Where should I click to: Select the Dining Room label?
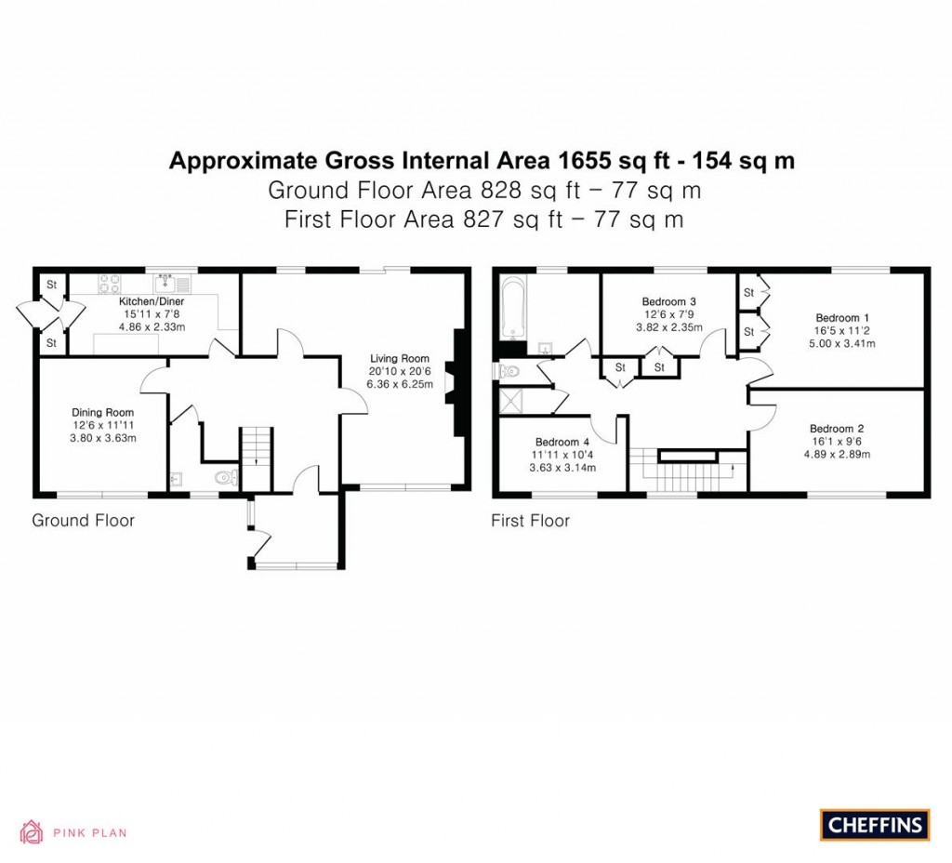(103, 412)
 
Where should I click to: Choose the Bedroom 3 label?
(668, 302)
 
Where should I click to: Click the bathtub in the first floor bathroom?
(513, 310)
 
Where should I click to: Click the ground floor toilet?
(224, 479)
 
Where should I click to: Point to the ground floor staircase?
(254, 458)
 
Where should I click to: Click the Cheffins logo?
(875, 825)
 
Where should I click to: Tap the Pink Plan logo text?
(89, 833)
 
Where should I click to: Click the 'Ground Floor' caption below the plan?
(83, 521)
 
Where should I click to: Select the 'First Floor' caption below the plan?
(530, 521)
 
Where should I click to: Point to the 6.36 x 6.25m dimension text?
(400, 384)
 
